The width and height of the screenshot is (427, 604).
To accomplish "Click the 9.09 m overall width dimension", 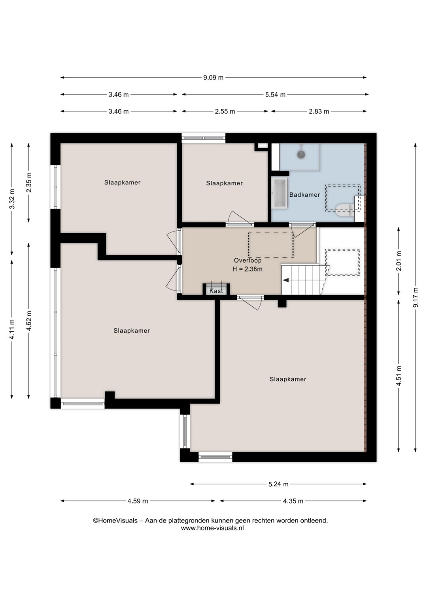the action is tap(213, 78).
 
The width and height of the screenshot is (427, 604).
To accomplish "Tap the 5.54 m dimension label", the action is tap(275, 95).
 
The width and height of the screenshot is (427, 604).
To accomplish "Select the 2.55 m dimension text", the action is tap(225, 111).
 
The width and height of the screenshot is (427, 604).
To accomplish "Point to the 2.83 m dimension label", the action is tap(319, 111).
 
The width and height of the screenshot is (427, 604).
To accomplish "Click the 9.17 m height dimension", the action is tap(416, 297).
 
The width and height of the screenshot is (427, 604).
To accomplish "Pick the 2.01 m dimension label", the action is tap(399, 261).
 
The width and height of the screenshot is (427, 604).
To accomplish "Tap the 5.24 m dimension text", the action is tap(278, 484).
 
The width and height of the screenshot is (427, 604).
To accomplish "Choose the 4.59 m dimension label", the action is tap(138, 501).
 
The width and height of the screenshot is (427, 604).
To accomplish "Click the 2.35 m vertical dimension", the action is tap(29, 182).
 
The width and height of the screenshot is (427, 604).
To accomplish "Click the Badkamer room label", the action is tap(304, 195).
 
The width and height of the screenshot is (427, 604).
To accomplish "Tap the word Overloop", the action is tap(248, 260).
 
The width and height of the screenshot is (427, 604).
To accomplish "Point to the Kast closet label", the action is tap(216, 291).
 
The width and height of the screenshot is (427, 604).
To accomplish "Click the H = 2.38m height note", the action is tap(248, 269).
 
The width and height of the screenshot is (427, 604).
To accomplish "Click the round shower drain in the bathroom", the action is tap(301, 154).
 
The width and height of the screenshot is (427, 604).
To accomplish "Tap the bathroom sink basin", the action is tap(279, 193).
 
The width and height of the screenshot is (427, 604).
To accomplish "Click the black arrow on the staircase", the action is tap(285, 280).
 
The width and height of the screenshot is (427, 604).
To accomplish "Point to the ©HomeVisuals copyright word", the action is tap(115, 520).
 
